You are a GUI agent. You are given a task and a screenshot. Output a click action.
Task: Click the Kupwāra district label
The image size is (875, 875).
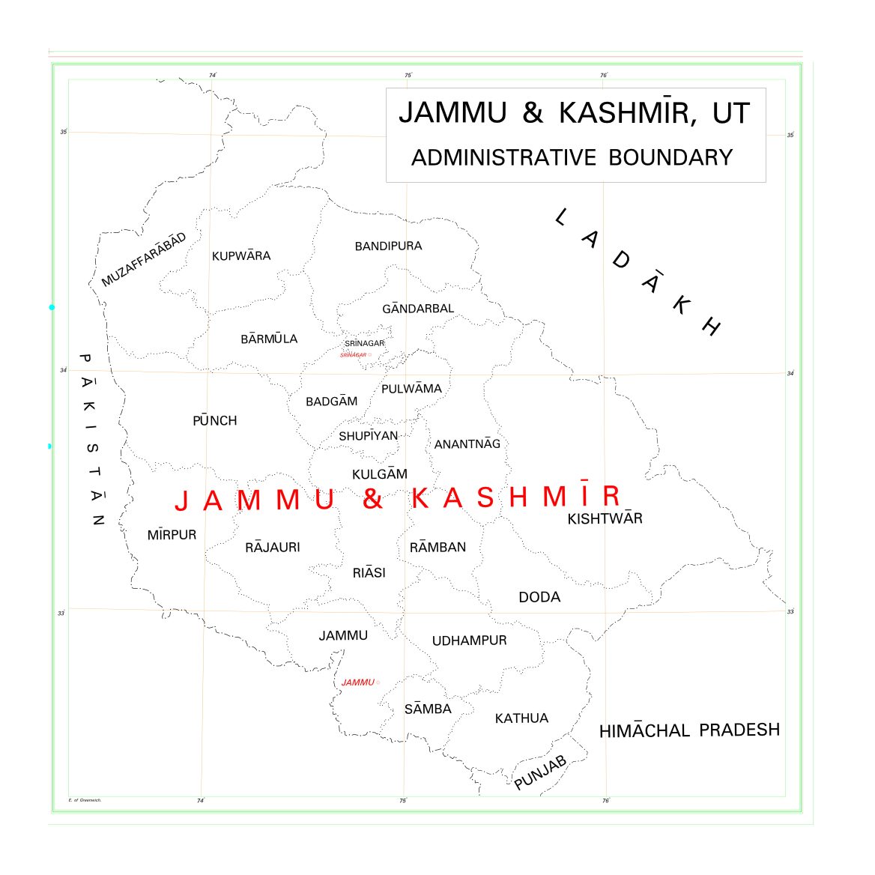[241, 256]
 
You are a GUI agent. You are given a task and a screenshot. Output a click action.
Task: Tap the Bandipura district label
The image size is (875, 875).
[388, 246]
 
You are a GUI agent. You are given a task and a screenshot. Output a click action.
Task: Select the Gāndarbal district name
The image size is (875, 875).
[418, 309]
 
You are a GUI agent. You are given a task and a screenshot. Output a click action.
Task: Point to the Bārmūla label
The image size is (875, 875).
[269, 339]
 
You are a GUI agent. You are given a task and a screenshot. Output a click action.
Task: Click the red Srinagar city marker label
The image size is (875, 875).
[354, 355]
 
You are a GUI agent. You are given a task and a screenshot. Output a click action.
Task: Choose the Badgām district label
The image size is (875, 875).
[332, 402]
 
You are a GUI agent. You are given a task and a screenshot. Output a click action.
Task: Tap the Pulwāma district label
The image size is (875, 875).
[411, 389]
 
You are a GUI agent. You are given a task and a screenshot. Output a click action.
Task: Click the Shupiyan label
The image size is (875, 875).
[368, 436]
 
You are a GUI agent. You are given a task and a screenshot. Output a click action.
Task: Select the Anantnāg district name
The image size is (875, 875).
[467, 444]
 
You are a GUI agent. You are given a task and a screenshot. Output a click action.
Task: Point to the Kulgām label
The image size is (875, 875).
[380, 474]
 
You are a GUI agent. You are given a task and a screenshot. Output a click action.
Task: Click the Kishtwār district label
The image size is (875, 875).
[605, 518]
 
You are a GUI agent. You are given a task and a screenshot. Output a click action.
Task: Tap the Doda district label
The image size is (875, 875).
[539, 597]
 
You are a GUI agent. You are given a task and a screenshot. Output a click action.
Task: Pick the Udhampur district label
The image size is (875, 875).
[470, 641]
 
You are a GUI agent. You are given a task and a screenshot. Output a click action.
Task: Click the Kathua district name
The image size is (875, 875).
[521, 718]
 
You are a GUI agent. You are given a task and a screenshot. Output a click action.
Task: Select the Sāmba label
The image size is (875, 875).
[428, 709]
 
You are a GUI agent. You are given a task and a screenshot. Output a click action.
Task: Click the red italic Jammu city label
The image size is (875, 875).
[358, 682]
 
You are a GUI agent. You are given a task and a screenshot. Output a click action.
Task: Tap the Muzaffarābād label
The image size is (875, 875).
[144, 260]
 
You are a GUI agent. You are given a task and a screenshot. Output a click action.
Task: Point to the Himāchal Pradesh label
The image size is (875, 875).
[689, 730]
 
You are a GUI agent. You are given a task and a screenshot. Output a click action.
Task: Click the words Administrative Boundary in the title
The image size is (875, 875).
[572, 157]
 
